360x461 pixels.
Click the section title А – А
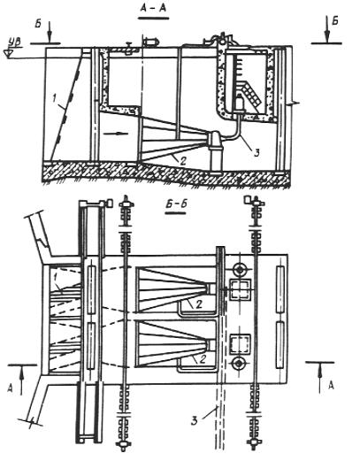click(153, 8)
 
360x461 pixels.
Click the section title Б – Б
click(176, 204)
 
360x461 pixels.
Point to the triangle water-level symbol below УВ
click(7, 53)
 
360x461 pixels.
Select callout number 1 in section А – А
click(54, 99)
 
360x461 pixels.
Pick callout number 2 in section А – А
click(182, 161)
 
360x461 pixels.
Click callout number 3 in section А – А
click(257, 152)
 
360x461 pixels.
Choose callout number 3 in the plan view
click(194, 420)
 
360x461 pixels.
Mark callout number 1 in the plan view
click(56, 277)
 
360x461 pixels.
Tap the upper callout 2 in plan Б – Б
click(199, 304)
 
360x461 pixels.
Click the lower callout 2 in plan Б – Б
click(202, 359)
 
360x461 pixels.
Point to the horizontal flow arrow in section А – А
click(116, 134)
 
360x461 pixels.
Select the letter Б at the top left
click(38, 24)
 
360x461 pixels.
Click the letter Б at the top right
click(334, 20)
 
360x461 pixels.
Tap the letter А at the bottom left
click(11, 389)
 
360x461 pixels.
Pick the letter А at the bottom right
click(331, 385)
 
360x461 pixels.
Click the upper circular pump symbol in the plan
click(239, 269)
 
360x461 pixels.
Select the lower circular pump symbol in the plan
click(239, 364)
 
